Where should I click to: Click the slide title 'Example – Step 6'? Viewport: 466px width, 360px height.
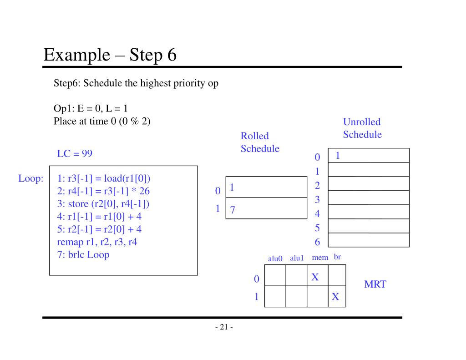pyautogui.click(x=110, y=55)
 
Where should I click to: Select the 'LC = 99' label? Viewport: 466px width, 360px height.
pyautogui.click(x=75, y=153)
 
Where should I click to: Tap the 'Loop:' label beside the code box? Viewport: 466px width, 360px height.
pyautogui.click(x=30, y=178)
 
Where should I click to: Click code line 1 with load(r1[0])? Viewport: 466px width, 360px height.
pyautogui.click(x=104, y=178)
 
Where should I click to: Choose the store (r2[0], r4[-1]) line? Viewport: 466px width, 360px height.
pyautogui.click(x=103, y=203)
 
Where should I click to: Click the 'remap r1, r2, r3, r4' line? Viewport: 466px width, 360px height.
pyautogui.click(x=97, y=242)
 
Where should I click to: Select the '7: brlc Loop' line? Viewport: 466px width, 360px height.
pyautogui.click(x=83, y=254)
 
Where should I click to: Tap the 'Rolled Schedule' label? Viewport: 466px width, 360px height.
pyautogui.click(x=260, y=142)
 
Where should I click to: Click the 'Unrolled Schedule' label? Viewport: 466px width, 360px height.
pyautogui.click(x=362, y=128)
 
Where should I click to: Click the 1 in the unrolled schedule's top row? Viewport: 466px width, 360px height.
pyautogui.click(x=338, y=156)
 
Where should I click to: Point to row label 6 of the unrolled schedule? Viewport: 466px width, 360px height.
pyautogui.click(x=317, y=243)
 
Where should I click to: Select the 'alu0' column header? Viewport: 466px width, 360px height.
pyautogui.click(x=275, y=259)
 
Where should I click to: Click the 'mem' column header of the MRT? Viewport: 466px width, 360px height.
pyautogui.click(x=320, y=258)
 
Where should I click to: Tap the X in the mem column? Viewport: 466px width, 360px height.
pyautogui.click(x=315, y=277)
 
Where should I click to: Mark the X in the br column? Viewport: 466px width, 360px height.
pyautogui.click(x=335, y=297)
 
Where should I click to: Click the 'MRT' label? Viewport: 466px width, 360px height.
pyautogui.click(x=375, y=284)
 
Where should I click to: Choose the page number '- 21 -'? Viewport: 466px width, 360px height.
pyautogui.click(x=223, y=327)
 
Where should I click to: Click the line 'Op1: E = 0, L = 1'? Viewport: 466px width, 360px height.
pyautogui.click(x=91, y=109)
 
